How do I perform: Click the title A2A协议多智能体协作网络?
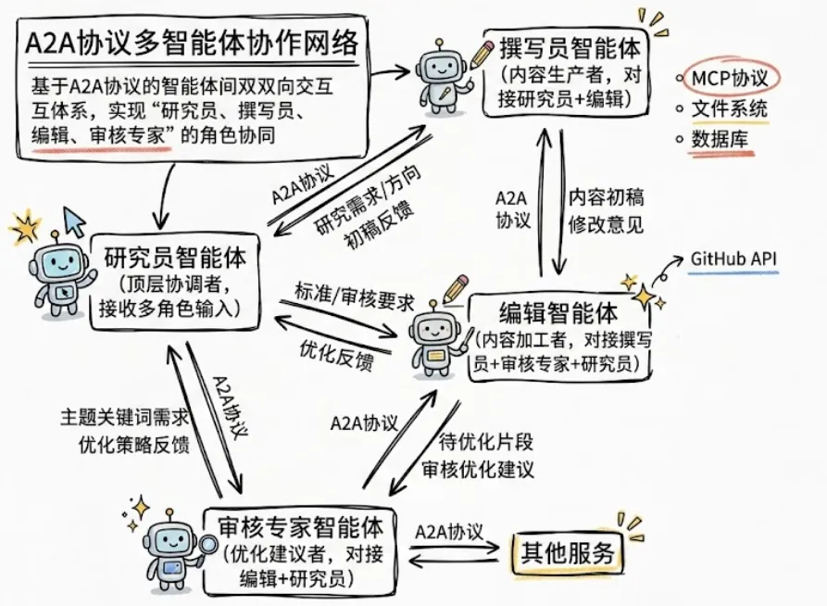(192, 44)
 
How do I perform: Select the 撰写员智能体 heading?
(570, 48)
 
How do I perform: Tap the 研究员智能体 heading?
(175, 259)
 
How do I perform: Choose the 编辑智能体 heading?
(558, 313)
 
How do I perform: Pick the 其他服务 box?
(568, 552)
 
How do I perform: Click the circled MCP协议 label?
(730, 79)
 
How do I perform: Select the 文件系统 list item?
(730, 108)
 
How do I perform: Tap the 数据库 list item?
(720, 139)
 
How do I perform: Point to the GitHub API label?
(733, 259)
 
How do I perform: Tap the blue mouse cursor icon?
(74, 221)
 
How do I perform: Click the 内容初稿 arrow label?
(606, 198)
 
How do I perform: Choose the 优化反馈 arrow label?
(336, 354)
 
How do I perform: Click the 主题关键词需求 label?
(124, 418)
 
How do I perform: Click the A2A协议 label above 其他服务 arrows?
(449, 532)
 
